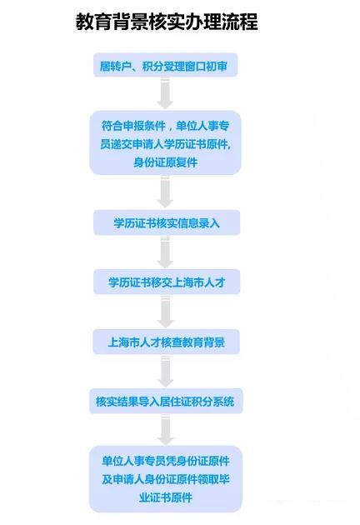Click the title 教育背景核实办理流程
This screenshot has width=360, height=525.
point(167,22)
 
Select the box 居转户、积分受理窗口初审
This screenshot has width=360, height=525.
point(166,65)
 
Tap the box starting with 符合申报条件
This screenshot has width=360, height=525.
point(166,143)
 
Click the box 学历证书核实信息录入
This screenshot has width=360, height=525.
point(167,222)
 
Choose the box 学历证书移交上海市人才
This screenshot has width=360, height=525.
point(167,282)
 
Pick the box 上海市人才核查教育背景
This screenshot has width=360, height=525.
point(166,342)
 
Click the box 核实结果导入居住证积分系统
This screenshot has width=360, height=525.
point(166,401)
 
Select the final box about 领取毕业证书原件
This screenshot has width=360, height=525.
point(166,479)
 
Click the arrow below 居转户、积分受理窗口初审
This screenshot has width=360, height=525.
point(165,93)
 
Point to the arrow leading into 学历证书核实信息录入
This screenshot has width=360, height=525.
point(165,192)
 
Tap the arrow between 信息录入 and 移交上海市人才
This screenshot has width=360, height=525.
point(165,252)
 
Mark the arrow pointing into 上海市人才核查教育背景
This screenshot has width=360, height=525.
point(165,312)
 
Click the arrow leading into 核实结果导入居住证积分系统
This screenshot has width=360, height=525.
point(165,371)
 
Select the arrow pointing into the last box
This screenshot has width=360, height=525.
point(165,429)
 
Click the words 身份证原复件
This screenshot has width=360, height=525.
point(166,162)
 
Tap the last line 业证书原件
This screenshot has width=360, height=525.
point(166,497)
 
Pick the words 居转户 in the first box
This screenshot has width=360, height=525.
point(114,66)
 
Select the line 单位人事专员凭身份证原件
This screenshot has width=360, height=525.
point(166,461)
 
